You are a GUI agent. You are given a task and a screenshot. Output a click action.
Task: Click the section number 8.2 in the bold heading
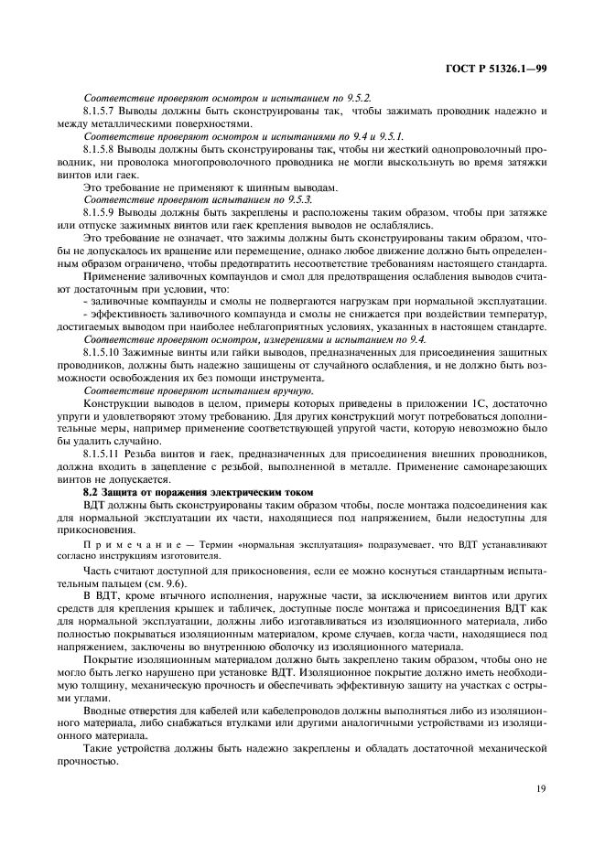coord(91,493)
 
